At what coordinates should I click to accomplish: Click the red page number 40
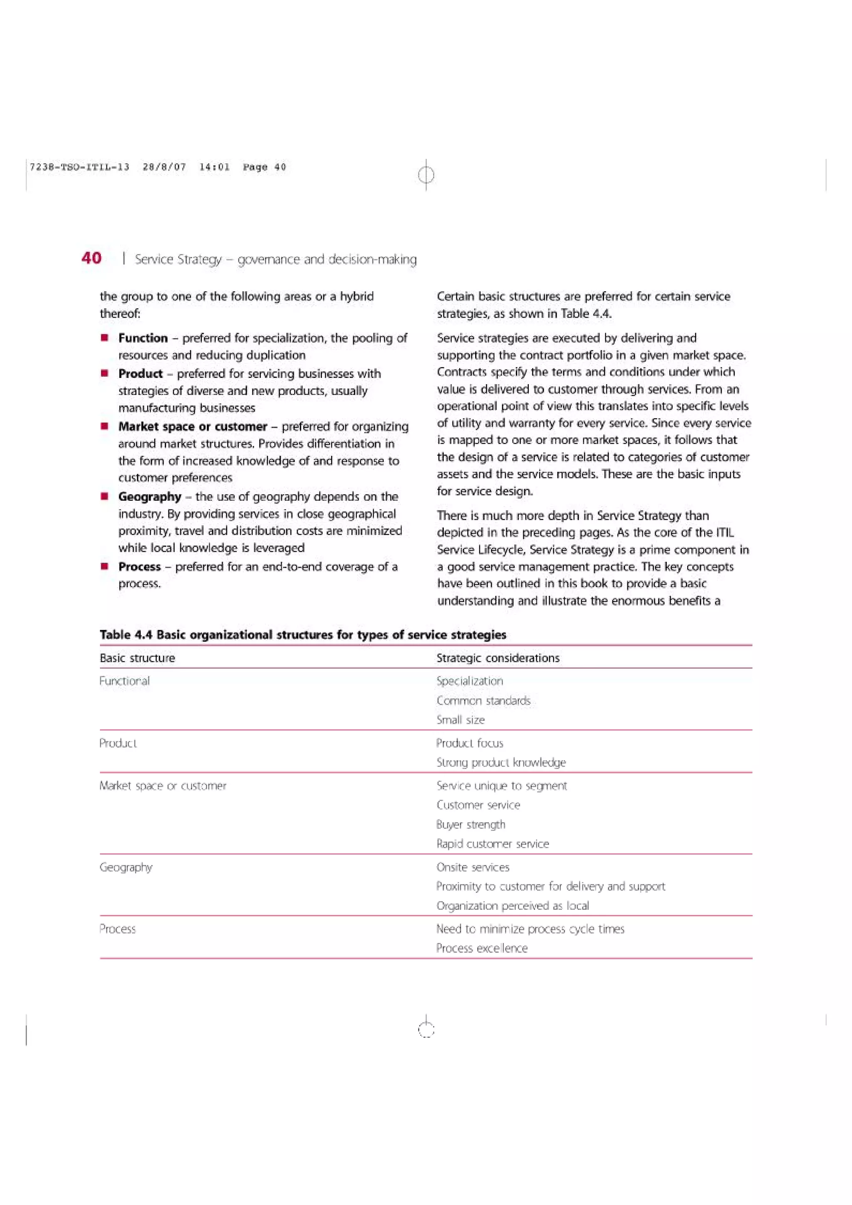[x=92, y=258]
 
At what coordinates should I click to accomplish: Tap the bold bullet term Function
[x=143, y=338]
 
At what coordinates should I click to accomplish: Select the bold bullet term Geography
[x=150, y=496]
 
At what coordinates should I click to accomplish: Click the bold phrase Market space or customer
[x=193, y=426]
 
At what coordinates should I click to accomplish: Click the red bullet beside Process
[x=105, y=566]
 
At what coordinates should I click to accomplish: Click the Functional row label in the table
[x=124, y=681]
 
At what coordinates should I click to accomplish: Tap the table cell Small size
[x=461, y=720]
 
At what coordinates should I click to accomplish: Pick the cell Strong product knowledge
[x=501, y=763]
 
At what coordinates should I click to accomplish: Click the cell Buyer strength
[x=471, y=825]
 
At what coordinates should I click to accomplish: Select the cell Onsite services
[x=473, y=867]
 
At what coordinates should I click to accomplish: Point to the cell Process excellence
[x=481, y=948]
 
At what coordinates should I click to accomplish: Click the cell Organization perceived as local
[x=513, y=906]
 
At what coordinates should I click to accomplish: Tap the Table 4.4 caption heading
[x=303, y=635]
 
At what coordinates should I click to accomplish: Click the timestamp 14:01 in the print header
[x=214, y=167]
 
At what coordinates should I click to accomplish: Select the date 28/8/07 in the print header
[x=164, y=167]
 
